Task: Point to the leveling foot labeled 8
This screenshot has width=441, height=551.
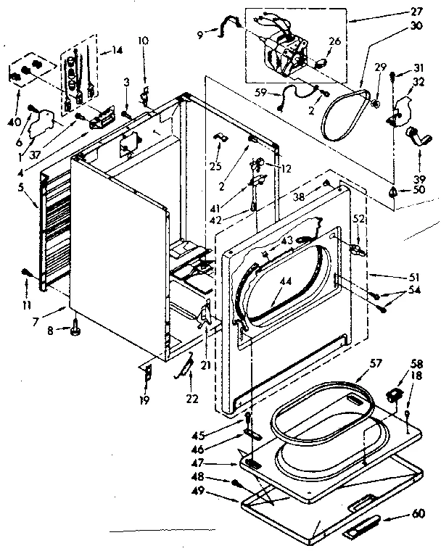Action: [x=75, y=333]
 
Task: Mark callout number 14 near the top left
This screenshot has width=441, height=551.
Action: [x=116, y=52]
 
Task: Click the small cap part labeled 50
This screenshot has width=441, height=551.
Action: [x=392, y=191]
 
